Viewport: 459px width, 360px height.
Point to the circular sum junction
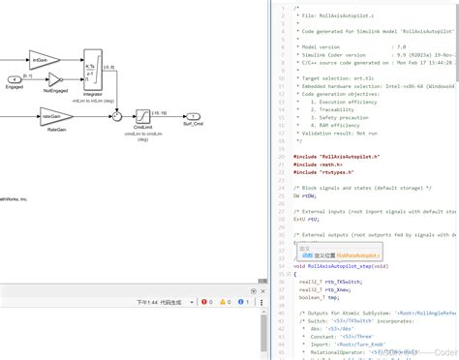click(116, 115)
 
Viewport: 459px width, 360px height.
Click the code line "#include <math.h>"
click(320, 165)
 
